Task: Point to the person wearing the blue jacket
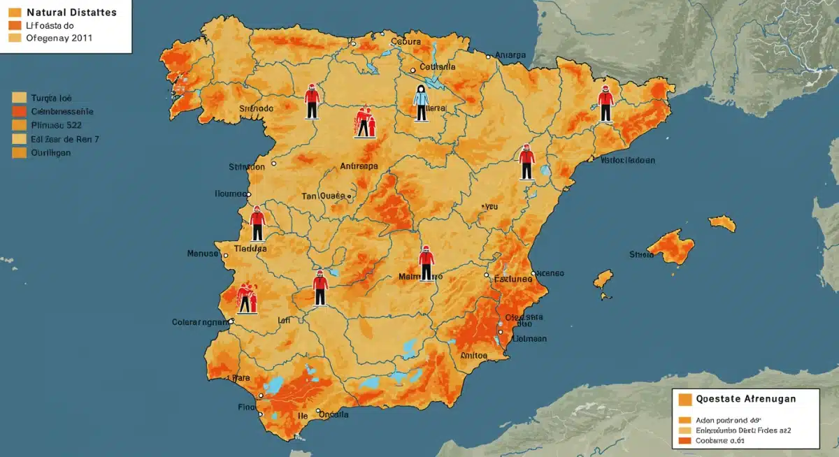tap(420, 103)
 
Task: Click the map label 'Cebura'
tap(406, 42)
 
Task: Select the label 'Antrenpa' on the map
tap(358, 166)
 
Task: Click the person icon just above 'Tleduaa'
tap(257, 224)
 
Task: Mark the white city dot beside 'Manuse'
tap(225, 254)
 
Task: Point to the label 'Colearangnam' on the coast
tap(201, 322)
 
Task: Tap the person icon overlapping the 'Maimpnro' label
tap(426, 263)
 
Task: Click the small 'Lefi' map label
tap(284, 320)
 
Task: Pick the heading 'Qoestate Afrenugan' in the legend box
tap(746, 399)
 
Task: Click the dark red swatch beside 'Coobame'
tap(684, 441)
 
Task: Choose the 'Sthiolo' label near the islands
tap(641, 255)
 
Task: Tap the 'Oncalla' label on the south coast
tap(334, 414)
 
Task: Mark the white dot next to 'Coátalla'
tap(413, 68)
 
